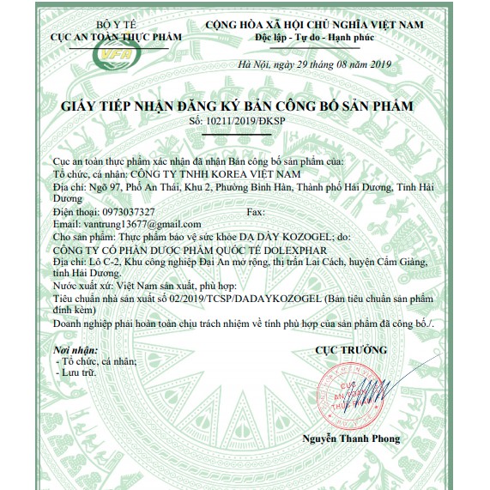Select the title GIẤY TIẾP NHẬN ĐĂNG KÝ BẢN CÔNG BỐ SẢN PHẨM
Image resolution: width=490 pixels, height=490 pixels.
coord(237,106)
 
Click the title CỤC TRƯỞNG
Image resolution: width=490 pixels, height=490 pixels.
coord(351,350)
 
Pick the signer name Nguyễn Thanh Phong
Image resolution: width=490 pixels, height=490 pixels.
coord(351,439)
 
